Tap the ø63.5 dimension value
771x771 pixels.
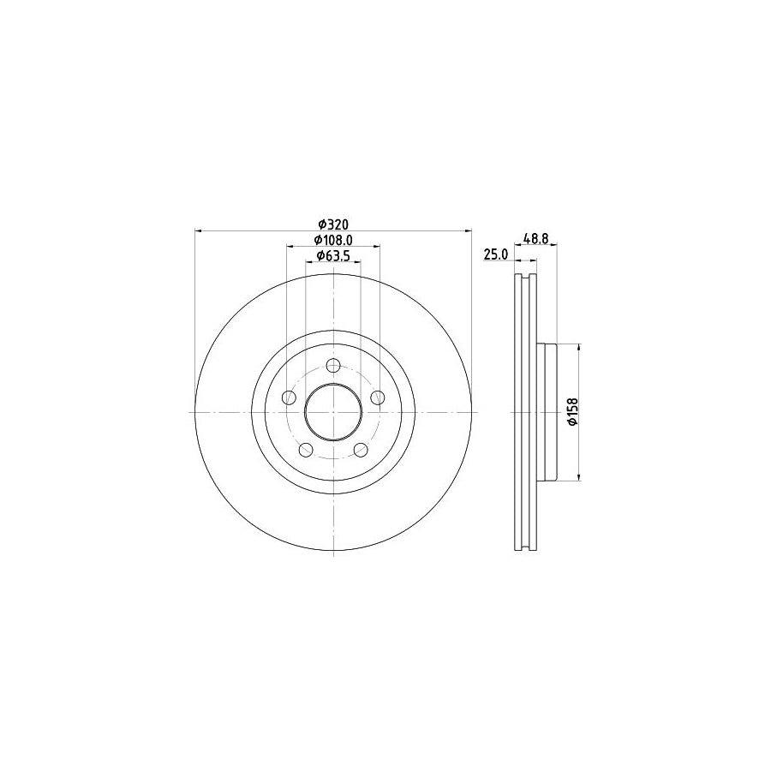332,255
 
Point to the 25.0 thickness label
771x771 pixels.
497,254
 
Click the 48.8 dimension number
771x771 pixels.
535,239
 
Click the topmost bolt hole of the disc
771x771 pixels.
333,365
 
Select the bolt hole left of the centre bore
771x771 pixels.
290,397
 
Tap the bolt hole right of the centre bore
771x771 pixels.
378,397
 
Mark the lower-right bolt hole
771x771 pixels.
361,450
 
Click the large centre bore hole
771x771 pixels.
333,412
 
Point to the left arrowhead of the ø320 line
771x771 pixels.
199,230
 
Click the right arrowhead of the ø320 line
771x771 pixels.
469,230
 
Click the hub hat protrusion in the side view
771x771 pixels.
547,412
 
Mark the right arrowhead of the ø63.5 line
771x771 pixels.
357,261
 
